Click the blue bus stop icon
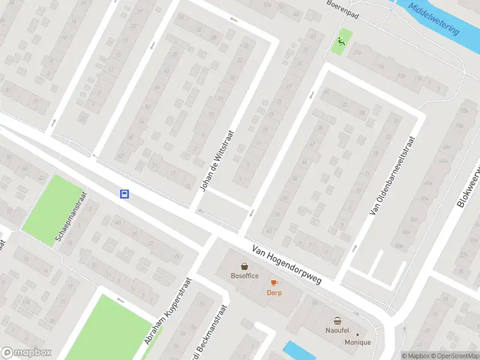click(x=125, y=194)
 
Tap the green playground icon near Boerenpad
click(x=341, y=41)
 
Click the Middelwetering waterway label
click(x=433, y=18)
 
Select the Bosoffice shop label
click(x=244, y=276)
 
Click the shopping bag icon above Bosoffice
click(x=245, y=266)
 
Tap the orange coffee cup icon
click(x=274, y=283)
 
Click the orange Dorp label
click(x=274, y=293)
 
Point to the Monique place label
click(x=358, y=343)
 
